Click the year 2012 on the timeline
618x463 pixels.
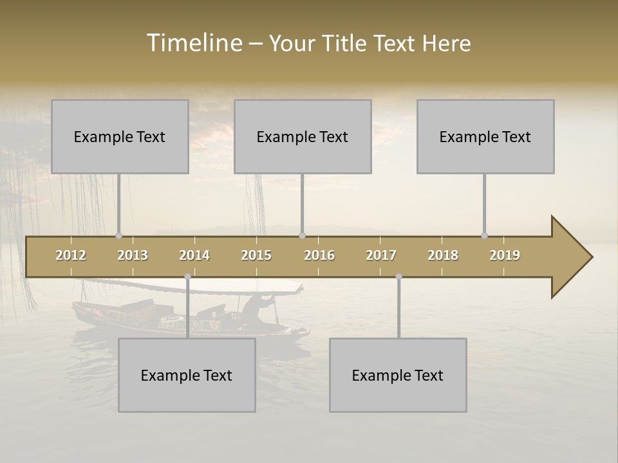tap(71, 255)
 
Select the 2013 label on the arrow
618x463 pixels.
tap(133, 255)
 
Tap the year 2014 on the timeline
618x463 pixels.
tap(194, 255)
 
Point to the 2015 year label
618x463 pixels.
tap(256, 255)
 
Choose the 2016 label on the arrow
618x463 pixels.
tap(319, 255)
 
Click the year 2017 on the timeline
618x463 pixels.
tap(381, 255)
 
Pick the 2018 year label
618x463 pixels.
tap(443, 255)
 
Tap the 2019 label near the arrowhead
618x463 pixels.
tap(505, 255)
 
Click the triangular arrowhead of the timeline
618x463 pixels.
tap(570, 257)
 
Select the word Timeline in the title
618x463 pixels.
tap(193, 43)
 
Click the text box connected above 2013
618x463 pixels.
tap(120, 136)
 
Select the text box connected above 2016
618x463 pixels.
tap(303, 136)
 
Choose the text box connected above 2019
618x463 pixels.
tap(485, 136)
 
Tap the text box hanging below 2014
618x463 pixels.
tap(187, 375)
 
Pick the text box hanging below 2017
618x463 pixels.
tap(398, 375)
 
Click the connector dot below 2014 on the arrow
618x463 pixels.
tap(188, 277)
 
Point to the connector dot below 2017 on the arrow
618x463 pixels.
tap(399, 277)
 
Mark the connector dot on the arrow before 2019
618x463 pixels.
tap(485, 235)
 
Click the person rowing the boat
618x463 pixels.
tap(265, 307)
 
